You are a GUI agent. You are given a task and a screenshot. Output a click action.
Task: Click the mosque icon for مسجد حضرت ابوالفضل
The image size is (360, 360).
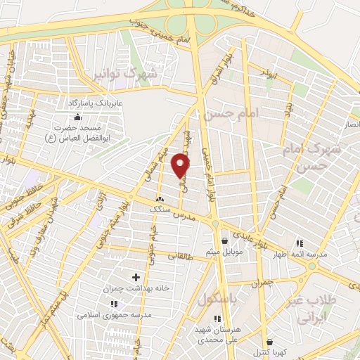pos(77,117)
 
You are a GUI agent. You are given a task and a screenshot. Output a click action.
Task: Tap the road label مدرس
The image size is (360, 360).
pos(183,212)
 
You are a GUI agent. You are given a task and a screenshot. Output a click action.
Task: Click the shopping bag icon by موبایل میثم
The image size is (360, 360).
pos(224,240)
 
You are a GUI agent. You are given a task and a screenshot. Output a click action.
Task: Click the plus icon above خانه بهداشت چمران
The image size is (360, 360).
pos(136,278)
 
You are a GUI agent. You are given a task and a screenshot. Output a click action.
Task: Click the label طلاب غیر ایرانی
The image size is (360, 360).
pos(309,309)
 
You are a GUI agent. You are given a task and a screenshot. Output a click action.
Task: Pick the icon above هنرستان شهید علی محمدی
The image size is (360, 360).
pos(208,318)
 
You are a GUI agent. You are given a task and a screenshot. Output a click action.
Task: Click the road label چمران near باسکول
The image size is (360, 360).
pos(261,283)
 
